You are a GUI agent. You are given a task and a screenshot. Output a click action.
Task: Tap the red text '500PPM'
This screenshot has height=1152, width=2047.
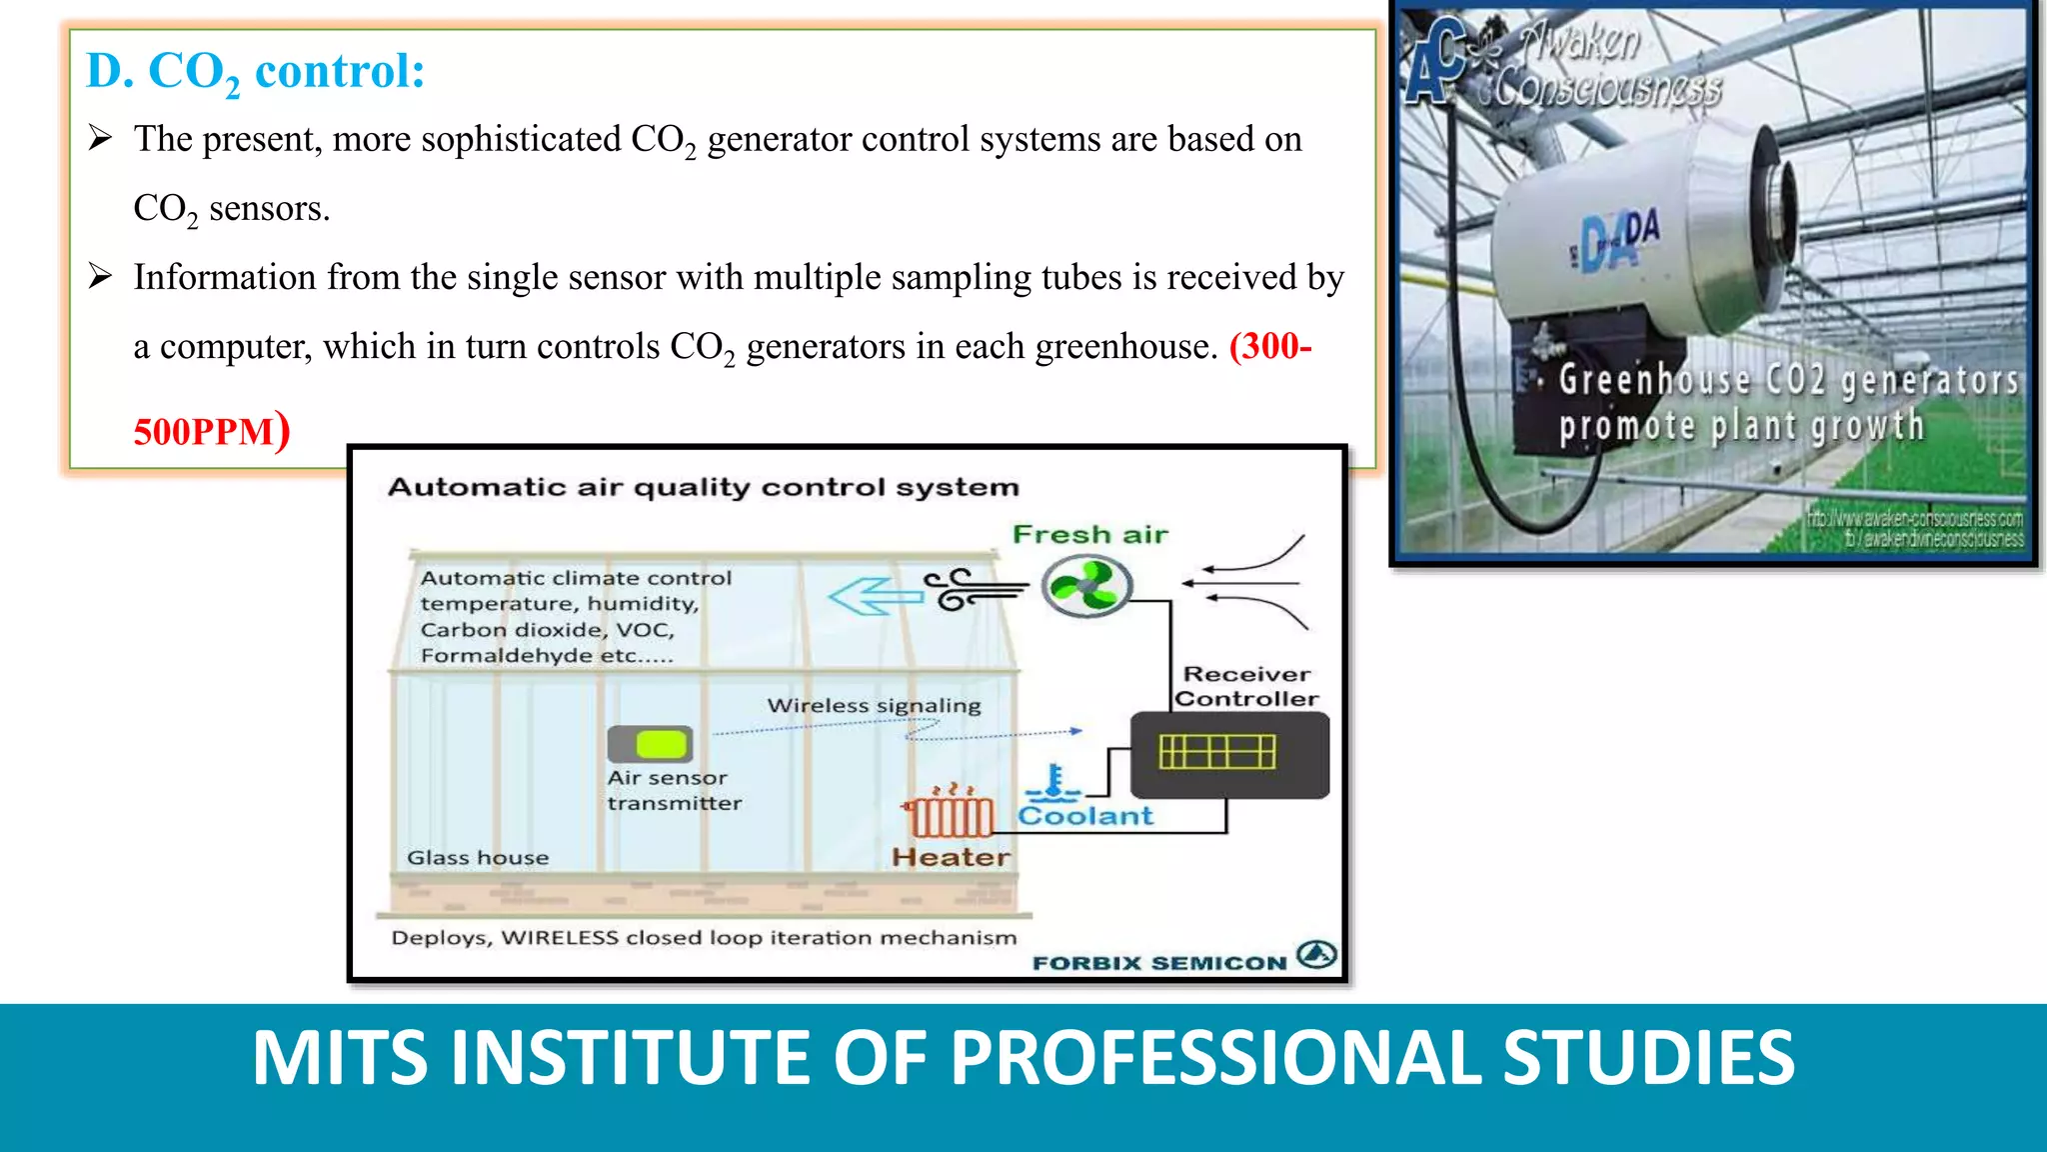click(204, 432)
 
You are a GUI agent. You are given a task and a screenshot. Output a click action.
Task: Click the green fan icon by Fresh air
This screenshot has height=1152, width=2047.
click(1086, 587)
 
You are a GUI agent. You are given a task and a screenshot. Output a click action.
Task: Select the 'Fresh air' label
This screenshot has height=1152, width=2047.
click(1089, 535)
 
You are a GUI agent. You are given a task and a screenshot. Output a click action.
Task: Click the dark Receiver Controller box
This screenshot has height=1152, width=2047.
click(1229, 755)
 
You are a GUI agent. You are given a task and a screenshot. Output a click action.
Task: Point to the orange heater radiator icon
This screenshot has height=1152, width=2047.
click(950, 815)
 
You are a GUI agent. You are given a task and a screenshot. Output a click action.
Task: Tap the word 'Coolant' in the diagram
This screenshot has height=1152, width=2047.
click(1085, 816)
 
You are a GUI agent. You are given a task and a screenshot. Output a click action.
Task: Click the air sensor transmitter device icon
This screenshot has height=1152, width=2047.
click(650, 744)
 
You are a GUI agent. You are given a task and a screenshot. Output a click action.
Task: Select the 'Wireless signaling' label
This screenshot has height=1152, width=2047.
click(874, 706)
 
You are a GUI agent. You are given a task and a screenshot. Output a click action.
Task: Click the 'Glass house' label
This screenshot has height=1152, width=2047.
click(478, 858)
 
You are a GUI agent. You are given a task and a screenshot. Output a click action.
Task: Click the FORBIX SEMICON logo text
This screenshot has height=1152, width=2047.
click(1159, 963)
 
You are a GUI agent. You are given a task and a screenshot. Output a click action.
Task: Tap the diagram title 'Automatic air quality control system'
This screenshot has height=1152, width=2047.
click(703, 487)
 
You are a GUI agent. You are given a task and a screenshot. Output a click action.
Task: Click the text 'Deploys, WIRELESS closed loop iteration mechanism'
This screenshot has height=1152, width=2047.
click(704, 938)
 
